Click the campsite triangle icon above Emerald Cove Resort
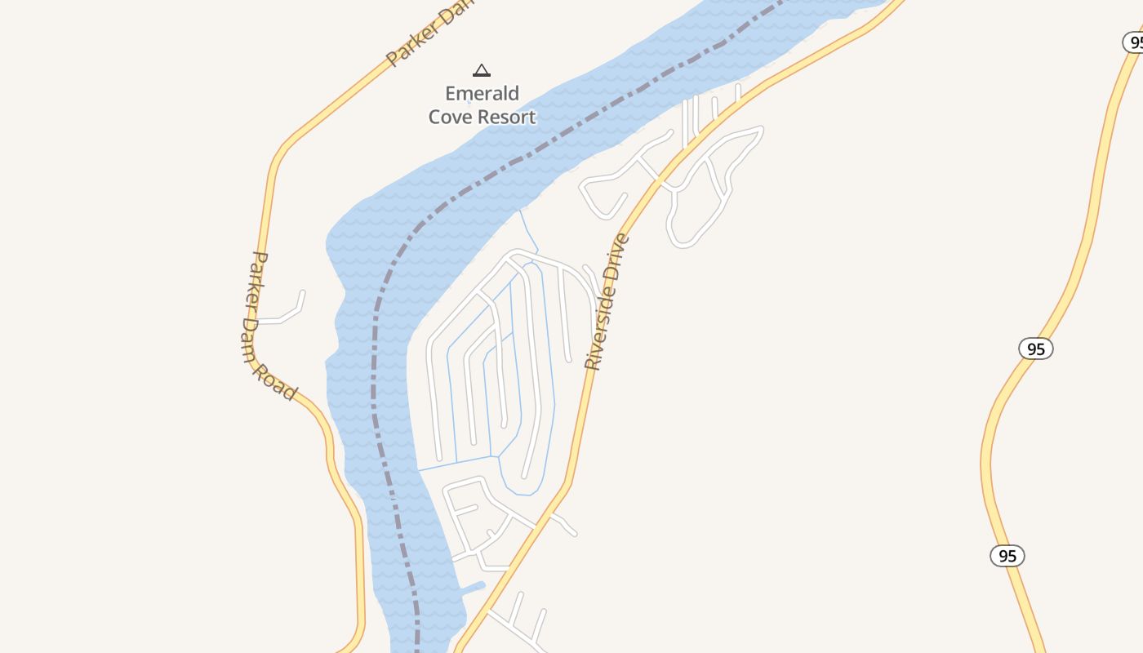(482, 70)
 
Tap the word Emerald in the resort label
(482, 93)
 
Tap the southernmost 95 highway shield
(1007, 556)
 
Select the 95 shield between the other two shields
(1035, 349)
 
